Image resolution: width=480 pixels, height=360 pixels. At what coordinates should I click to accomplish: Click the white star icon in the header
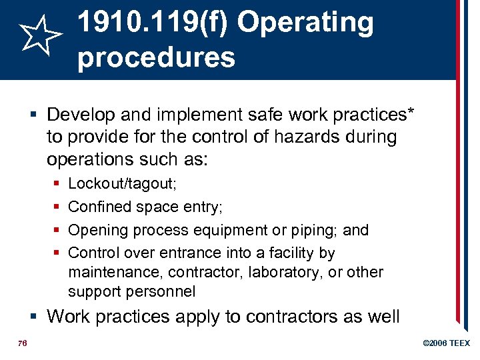click(41, 35)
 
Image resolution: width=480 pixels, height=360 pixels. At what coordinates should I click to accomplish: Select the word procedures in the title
click(156, 57)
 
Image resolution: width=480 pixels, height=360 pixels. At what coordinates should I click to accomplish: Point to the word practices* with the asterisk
click(371, 114)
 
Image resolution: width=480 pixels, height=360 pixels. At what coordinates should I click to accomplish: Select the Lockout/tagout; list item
click(122, 183)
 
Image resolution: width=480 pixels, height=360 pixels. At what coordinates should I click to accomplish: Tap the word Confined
click(100, 207)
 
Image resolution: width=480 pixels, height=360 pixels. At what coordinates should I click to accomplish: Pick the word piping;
click(314, 230)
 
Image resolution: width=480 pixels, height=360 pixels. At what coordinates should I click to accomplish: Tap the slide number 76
click(22, 343)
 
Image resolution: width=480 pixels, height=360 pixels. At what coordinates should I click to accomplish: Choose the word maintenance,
click(116, 272)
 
